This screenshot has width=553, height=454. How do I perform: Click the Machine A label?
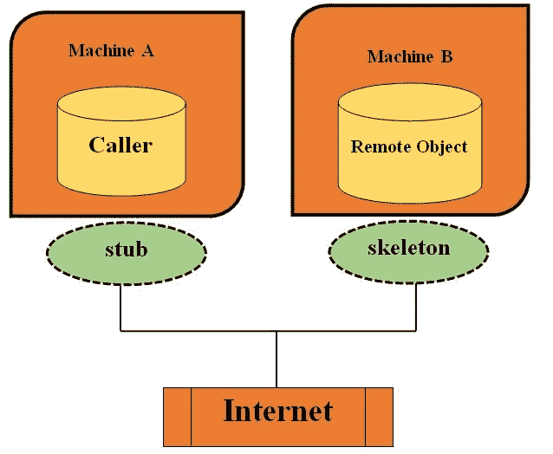[111, 51]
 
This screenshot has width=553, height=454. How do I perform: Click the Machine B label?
[410, 57]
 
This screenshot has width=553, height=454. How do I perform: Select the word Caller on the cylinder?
[120, 145]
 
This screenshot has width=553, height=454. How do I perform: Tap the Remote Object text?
[409, 146]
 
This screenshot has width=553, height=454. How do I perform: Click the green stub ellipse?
[126, 251]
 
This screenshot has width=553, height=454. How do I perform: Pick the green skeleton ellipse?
[409, 250]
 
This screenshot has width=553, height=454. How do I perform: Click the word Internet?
[277, 410]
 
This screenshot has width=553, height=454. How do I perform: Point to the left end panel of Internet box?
[177, 415]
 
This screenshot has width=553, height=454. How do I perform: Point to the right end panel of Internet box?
[379, 415]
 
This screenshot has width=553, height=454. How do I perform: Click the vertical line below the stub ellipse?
[120, 303]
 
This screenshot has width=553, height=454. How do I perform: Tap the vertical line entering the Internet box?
[276, 360]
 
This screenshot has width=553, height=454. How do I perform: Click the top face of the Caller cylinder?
[121, 104]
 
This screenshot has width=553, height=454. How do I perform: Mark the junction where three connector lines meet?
[276, 330]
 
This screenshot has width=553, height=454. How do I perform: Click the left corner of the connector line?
[120, 330]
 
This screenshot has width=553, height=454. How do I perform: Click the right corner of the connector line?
[416, 330]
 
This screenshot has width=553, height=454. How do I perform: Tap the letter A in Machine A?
[147, 51]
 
